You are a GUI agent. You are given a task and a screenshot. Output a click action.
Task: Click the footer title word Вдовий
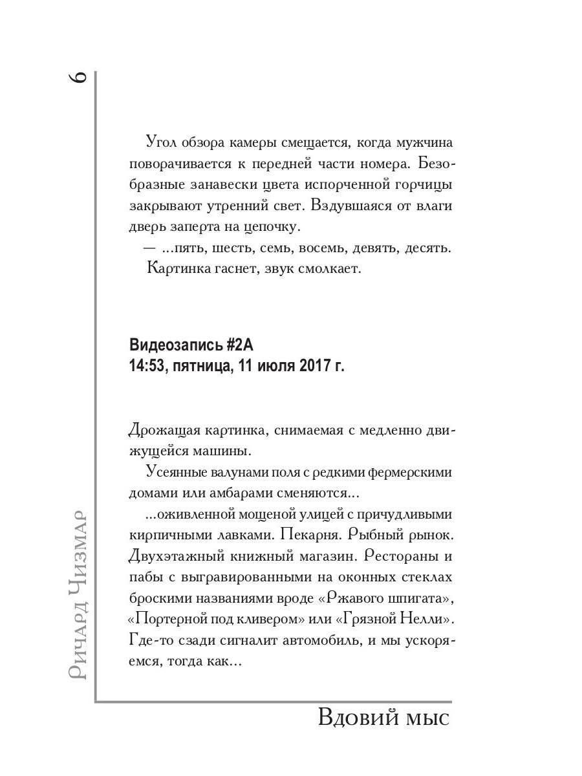click(355, 718)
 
